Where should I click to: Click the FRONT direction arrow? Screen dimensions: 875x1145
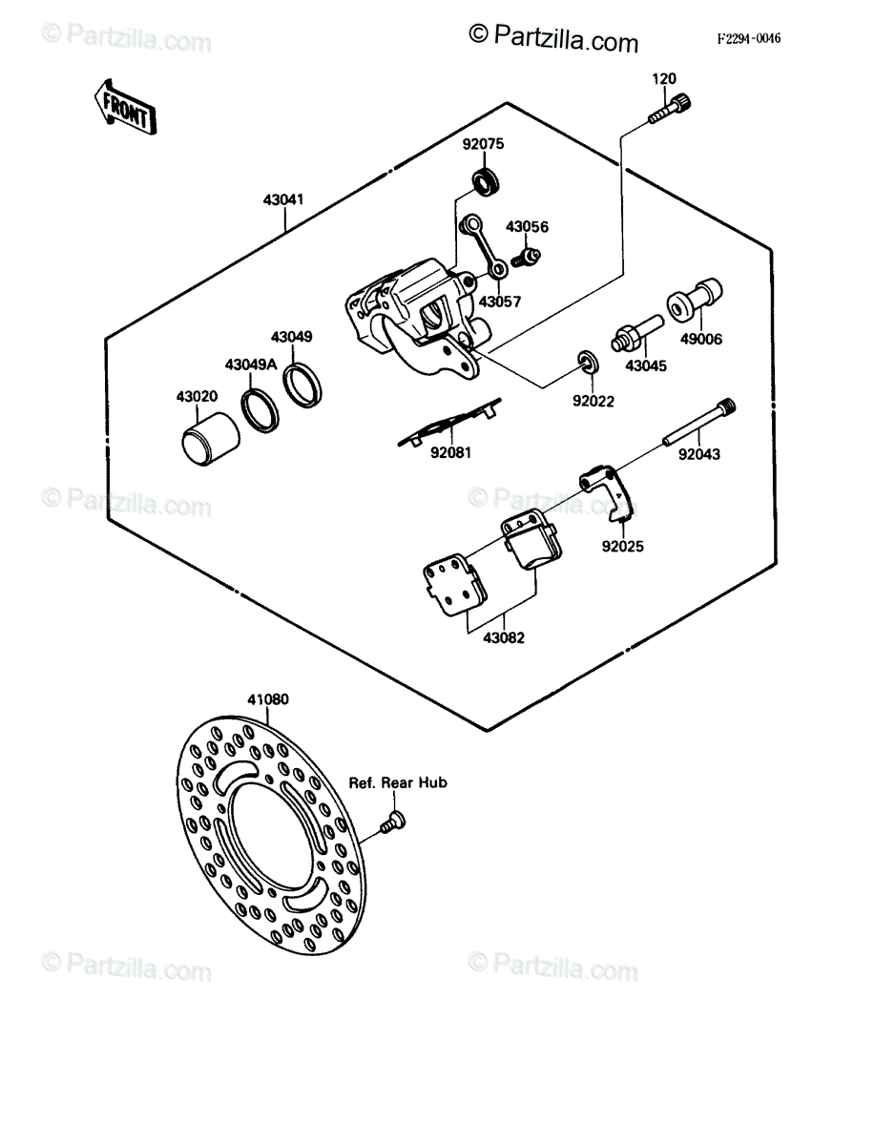point(125,108)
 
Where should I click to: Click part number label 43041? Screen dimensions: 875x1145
point(283,199)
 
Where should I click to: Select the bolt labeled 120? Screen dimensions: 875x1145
point(670,108)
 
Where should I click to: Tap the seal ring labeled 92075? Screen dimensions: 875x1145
point(486,182)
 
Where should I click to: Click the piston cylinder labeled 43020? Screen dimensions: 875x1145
point(211,439)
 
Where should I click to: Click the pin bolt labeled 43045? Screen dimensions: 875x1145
point(637,333)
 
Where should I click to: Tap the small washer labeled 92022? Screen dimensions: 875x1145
point(588,362)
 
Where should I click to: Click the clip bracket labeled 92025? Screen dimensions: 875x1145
point(608,490)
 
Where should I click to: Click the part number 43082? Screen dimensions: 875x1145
point(504,637)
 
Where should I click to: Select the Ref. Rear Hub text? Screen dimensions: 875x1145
point(398,782)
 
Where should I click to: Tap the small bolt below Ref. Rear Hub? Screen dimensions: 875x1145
point(393,822)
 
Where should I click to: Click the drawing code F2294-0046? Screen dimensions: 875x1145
point(749,38)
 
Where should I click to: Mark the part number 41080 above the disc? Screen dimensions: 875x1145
point(268,699)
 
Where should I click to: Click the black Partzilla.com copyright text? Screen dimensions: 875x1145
point(553,40)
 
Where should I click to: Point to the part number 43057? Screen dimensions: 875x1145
point(500,302)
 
